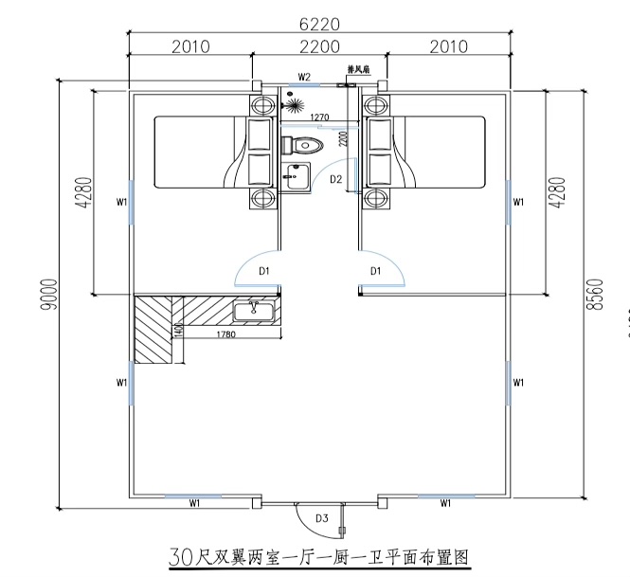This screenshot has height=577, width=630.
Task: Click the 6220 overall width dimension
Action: pyautogui.click(x=319, y=23)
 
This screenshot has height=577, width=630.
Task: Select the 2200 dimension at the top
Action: pyautogui.click(x=319, y=46)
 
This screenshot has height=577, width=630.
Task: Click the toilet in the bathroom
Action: pyautogui.click(x=302, y=146)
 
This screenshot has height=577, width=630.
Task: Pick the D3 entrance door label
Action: pyautogui.click(x=322, y=517)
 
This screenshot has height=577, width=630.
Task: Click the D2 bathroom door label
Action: pyautogui.click(x=335, y=178)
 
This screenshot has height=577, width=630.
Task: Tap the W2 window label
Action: pyautogui.click(x=305, y=76)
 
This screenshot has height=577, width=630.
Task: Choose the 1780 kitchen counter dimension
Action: pyautogui.click(x=225, y=334)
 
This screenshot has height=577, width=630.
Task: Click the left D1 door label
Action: pyautogui.click(x=265, y=272)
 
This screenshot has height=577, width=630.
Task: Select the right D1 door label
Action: pyautogui.click(x=375, y=272)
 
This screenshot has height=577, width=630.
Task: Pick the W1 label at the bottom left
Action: pyautogui.click(x=194, y=504)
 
